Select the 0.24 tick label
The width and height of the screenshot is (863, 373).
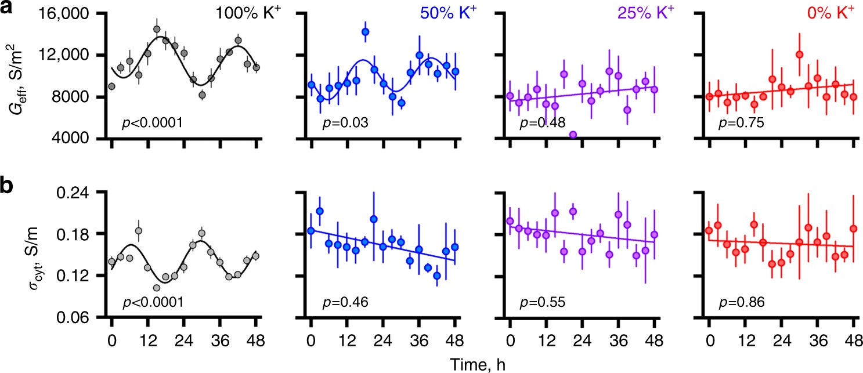78,193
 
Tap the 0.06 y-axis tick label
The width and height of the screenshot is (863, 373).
78,318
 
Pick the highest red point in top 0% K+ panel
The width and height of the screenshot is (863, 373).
799,55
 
